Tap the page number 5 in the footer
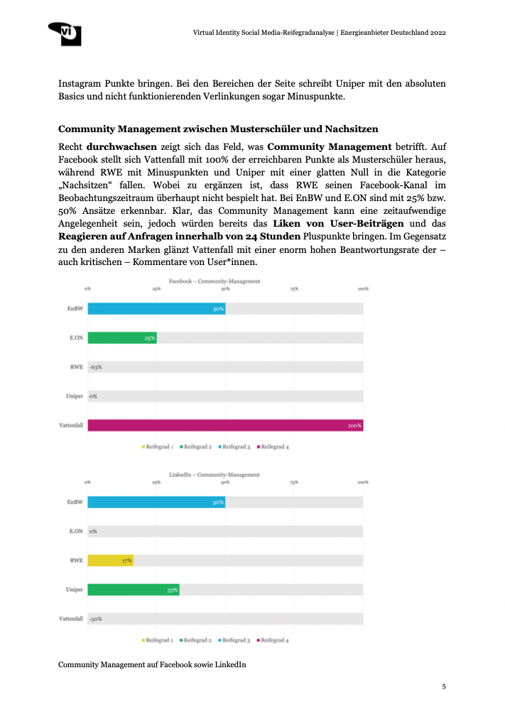pyautogui.click(x=444, y=686)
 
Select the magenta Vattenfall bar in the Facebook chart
pyautogui.click(x=225, y=425)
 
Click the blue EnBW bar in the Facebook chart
pyautogui.click(x=156, y=309)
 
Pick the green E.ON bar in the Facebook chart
pyautogui.click(x=121, y=338)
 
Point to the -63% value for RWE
pyautogui.click(x=95, y=367)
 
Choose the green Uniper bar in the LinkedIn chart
pyautogui.click(x=133, y=589)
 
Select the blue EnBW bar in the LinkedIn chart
pyautogui.click(x=156, y=502)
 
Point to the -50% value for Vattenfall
pyautogui.click(x=95, y=618)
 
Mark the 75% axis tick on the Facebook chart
pyautogui.click(x=294, y=289)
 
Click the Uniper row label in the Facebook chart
pyautogui.click(x=75, y=396)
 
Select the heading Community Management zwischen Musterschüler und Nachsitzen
pyautogui.click(x=217, y=129)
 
